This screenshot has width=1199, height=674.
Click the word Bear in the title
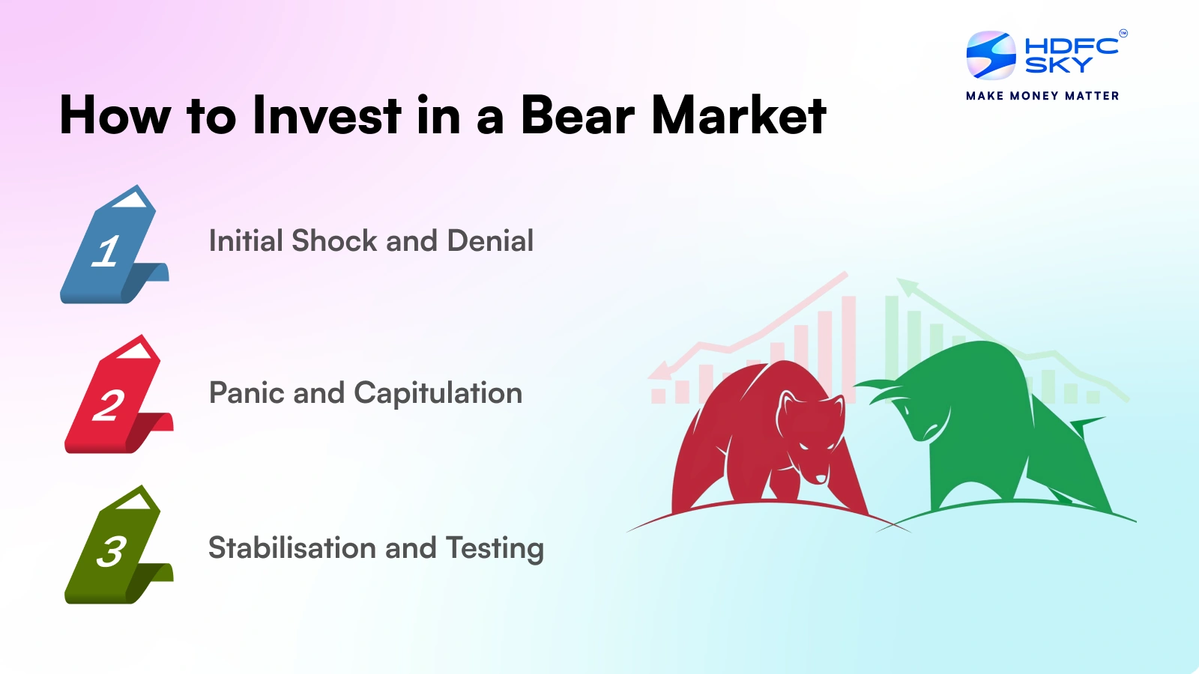point(577,116)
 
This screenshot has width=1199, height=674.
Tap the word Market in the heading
point(739,116)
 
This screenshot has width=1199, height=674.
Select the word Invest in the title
point(327,116)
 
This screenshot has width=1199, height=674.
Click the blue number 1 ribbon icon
point(112,247)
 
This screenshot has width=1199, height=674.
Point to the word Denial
point(490,241)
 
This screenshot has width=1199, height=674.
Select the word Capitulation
point(438,393)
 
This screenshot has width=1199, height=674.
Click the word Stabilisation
point(292,548)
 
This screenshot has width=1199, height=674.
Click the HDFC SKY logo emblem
point(991,55)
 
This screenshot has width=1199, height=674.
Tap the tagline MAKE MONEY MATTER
point(1042,96)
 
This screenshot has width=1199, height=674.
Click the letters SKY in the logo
point(1058,66)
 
